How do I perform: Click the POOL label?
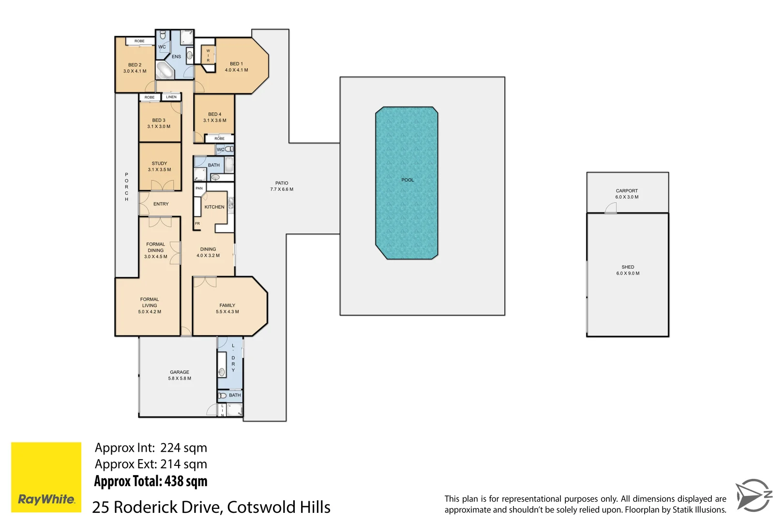[x=407, y=180]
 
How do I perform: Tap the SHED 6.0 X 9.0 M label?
[x=628, y=270]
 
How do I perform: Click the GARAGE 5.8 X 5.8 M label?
[x=180, y=375]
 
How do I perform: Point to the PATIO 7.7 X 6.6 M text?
[x=282, y=186]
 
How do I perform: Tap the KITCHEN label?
[x=214, y=207]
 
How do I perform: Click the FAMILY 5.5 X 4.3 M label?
[x=227, y=308]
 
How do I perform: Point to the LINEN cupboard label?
[x=171, y=97]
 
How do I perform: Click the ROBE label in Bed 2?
[x=139, y=41]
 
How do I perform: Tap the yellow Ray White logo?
[x=46, y=477]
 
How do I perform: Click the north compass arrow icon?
[x=753, y=495]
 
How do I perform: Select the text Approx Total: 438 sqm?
[x=151, y=481]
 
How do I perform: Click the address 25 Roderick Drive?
[x=211, y=507]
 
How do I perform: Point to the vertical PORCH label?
[x=127, y=187]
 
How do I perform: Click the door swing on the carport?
[x=611, y=208]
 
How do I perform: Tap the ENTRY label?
[x=161, y=204]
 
